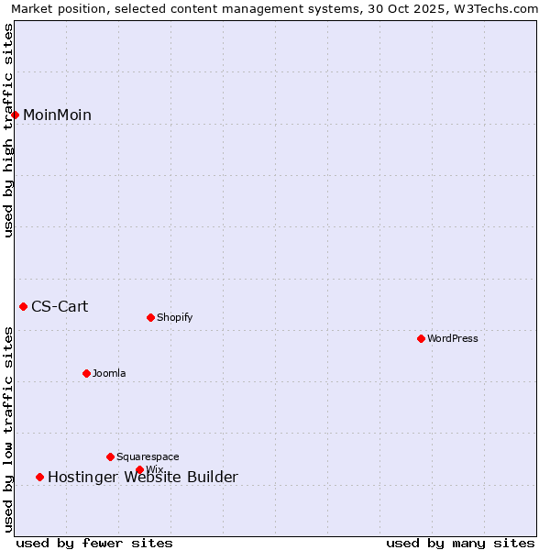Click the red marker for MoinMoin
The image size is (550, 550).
click(16, 115)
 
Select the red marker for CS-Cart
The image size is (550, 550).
click(24, 306)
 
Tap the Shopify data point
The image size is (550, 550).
click(150, 317)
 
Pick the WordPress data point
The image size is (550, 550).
click(421, 338)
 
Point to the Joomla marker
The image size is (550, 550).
click(86, 373)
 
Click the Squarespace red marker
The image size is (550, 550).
click(110, 456)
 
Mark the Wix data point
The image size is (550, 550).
click(139, 469)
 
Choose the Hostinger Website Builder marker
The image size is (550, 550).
click(39, 477)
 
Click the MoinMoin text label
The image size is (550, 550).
click(57, 115)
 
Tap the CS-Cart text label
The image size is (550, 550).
click(60, 306)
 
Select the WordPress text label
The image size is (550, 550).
click(453, 338)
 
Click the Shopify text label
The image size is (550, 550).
click(174, 317)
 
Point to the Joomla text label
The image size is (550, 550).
click(109, 373)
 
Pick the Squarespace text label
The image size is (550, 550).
click(148, 456)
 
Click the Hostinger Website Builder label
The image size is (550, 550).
click(142, 477)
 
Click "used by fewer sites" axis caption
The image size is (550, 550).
click(94, 543)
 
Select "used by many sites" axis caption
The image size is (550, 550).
click(460, 543)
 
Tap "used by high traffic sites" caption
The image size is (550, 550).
click(9, 130)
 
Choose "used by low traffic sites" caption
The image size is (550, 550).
click(9, 429)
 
